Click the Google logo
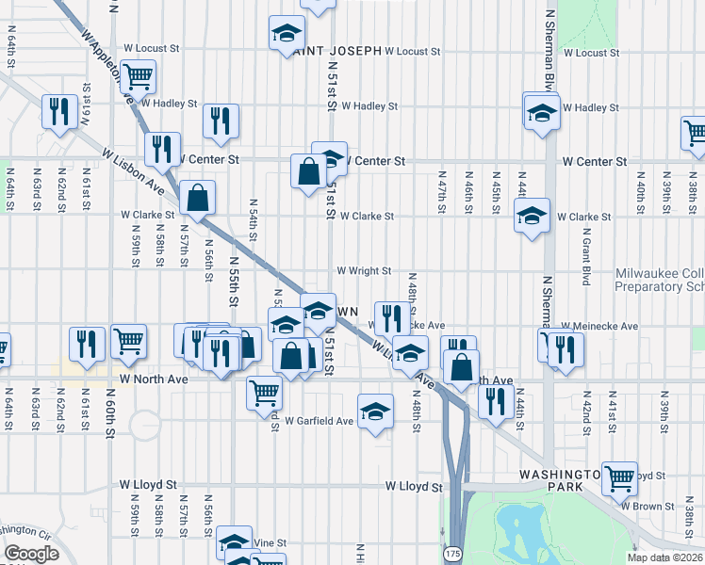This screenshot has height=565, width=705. (31, 554)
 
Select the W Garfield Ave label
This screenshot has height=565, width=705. (319, 421)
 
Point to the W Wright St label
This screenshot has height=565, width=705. (364, 271)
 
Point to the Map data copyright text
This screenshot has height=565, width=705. (664, 557)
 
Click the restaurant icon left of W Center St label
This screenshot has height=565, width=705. (162, 148)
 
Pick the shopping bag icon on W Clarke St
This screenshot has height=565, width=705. (197, 197)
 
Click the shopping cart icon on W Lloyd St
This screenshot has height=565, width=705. (619, 477)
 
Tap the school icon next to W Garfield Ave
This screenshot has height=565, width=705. (375, 411)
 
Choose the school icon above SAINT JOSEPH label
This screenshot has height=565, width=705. (287, 33)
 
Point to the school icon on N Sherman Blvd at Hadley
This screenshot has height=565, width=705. (542, 111)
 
